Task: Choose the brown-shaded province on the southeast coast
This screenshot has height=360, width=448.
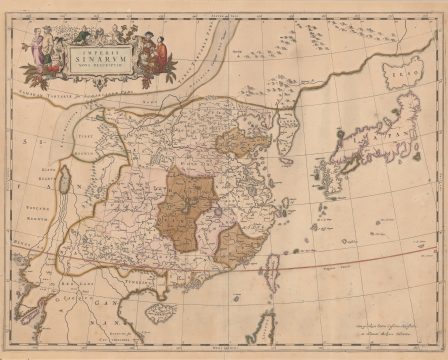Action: (237, 246)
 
